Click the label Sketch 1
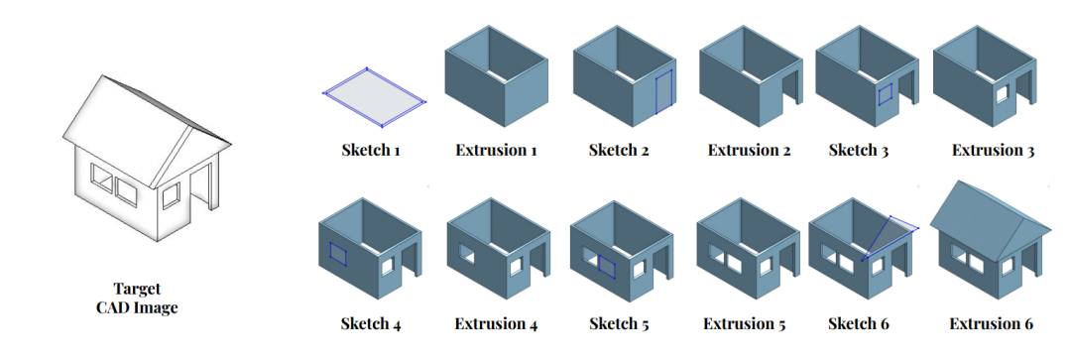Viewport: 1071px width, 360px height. coord(370,150)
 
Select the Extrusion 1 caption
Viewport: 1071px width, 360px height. coord(496,150)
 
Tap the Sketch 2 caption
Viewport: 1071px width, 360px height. coord(619,150)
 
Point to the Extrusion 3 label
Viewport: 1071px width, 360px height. coord(993,150)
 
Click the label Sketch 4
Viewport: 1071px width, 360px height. coord(371,323)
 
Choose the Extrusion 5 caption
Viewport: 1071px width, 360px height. coord(745,323)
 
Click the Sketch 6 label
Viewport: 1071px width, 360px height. coord(859,323)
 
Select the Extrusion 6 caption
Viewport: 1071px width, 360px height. coord(991,323)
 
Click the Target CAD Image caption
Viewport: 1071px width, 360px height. coord(137,298)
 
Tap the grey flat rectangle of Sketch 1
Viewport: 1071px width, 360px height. coord(374,97)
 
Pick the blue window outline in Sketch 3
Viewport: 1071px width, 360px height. coord(886,95)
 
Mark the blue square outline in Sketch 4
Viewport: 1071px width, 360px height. coord(338,252)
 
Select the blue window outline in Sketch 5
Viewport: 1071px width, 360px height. coord(607,266)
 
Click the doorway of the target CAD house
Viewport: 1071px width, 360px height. coord(203,184)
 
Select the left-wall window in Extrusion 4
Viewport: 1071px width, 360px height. coord(467,254)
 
